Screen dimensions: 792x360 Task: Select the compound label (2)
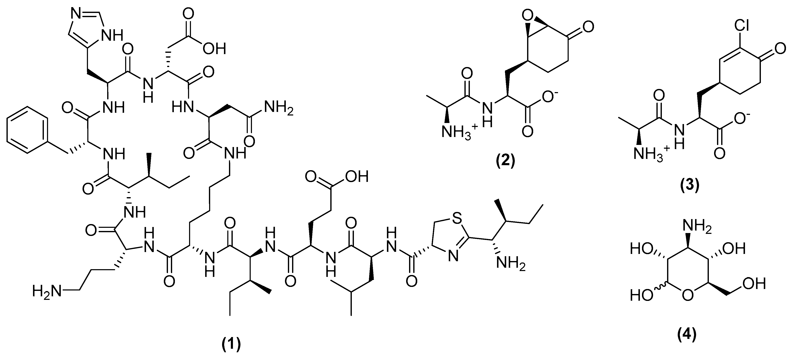(505, 161)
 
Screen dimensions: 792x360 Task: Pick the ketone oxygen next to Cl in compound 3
(780, 48)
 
